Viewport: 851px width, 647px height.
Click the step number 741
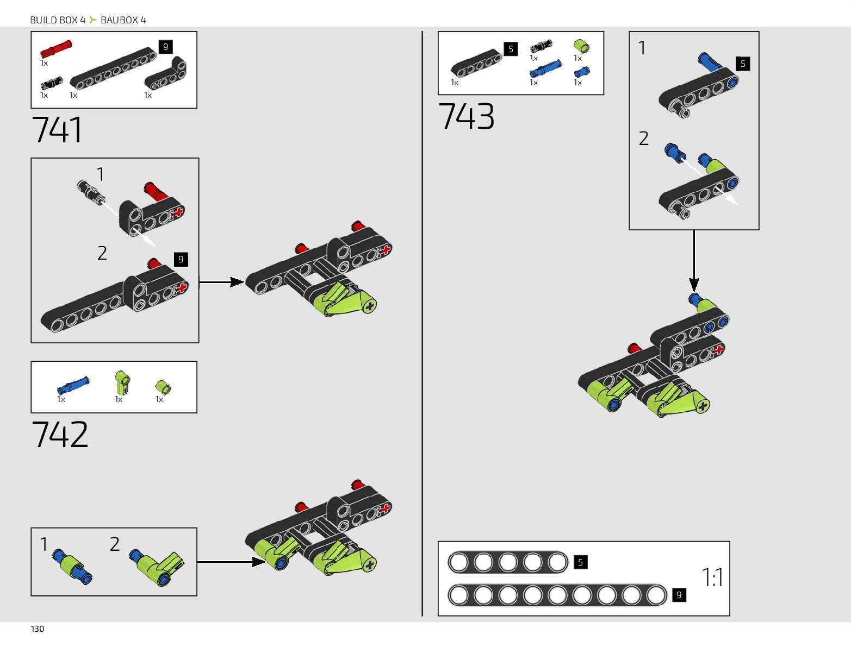57,130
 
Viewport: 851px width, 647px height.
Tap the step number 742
60,435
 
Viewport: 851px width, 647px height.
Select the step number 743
467,116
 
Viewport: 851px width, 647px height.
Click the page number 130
38,629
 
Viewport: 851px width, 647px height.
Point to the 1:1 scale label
712,578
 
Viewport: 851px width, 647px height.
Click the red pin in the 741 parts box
55,49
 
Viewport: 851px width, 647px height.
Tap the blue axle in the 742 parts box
73,385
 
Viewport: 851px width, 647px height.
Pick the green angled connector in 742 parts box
122,382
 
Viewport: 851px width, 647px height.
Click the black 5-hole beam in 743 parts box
476,64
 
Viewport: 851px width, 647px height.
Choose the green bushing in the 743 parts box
581,46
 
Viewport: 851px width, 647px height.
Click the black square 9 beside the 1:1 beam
679,595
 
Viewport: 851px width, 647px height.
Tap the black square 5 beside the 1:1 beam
580,562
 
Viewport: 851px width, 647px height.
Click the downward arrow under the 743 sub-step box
694,261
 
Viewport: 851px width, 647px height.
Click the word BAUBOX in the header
119,20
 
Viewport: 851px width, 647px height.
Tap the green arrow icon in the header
93,20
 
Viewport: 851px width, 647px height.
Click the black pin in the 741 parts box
52,83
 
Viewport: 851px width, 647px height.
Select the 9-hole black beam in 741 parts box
113,68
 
